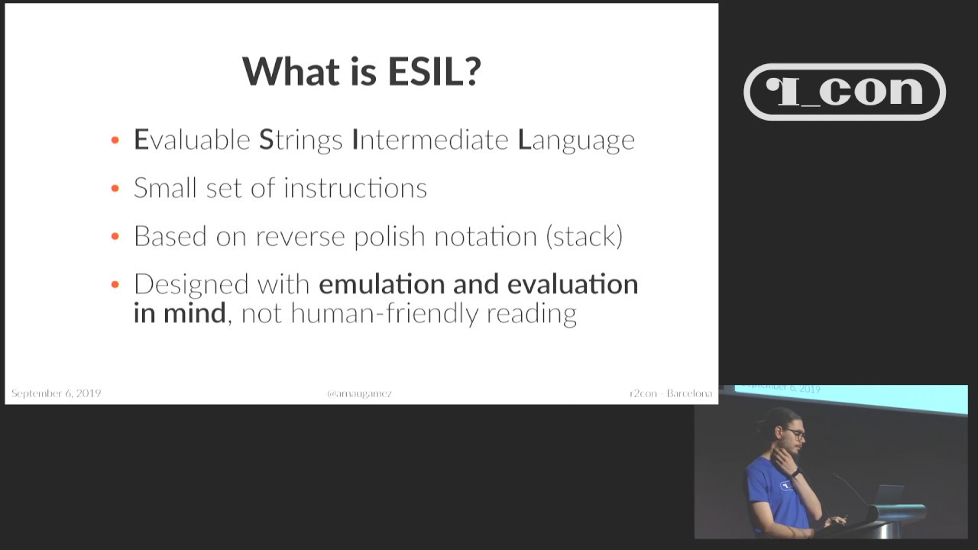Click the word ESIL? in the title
tap(434, 71)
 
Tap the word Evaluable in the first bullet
tap(192, 140)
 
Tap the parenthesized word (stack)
tap(585, 237)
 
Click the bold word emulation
tap(381, 284)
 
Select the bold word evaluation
tap(572, 284)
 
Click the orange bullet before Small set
tap(115, 188)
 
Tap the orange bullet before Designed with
tap(115, 284)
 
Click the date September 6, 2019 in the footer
tap(56, 393)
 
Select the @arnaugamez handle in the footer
tap(359, 393)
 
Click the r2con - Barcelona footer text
tap(670, 393)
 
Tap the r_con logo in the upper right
tap(844, 92)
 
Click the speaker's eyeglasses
tap(795, 435)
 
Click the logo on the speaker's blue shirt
tap(785, 484)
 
